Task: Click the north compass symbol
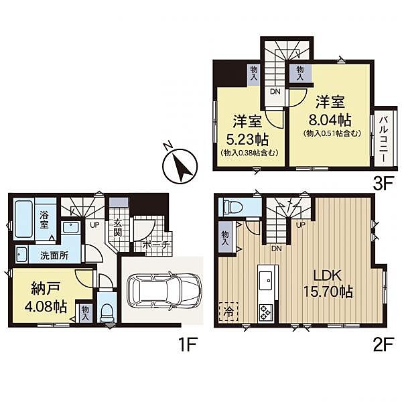pos(180,165)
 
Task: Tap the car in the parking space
pos(163,292)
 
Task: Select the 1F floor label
pos(187,344)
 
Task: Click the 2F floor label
pos(383,344)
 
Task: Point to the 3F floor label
pos(383,183)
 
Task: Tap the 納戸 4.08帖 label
pos(46,297)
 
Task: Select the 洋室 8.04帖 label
pos(330,111)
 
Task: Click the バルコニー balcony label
pos(383,139)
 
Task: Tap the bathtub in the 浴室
pos(23,218)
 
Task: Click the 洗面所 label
pos(54,255)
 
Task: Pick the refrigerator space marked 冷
pos(228,312)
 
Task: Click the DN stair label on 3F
pos(275,92)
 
